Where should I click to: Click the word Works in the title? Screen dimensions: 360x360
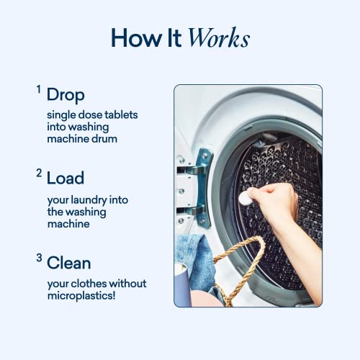[218, 38]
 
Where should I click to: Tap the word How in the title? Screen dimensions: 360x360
[133, 38]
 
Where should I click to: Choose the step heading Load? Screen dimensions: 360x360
[66, 178]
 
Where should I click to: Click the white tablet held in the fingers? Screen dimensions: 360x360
[245, 197]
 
